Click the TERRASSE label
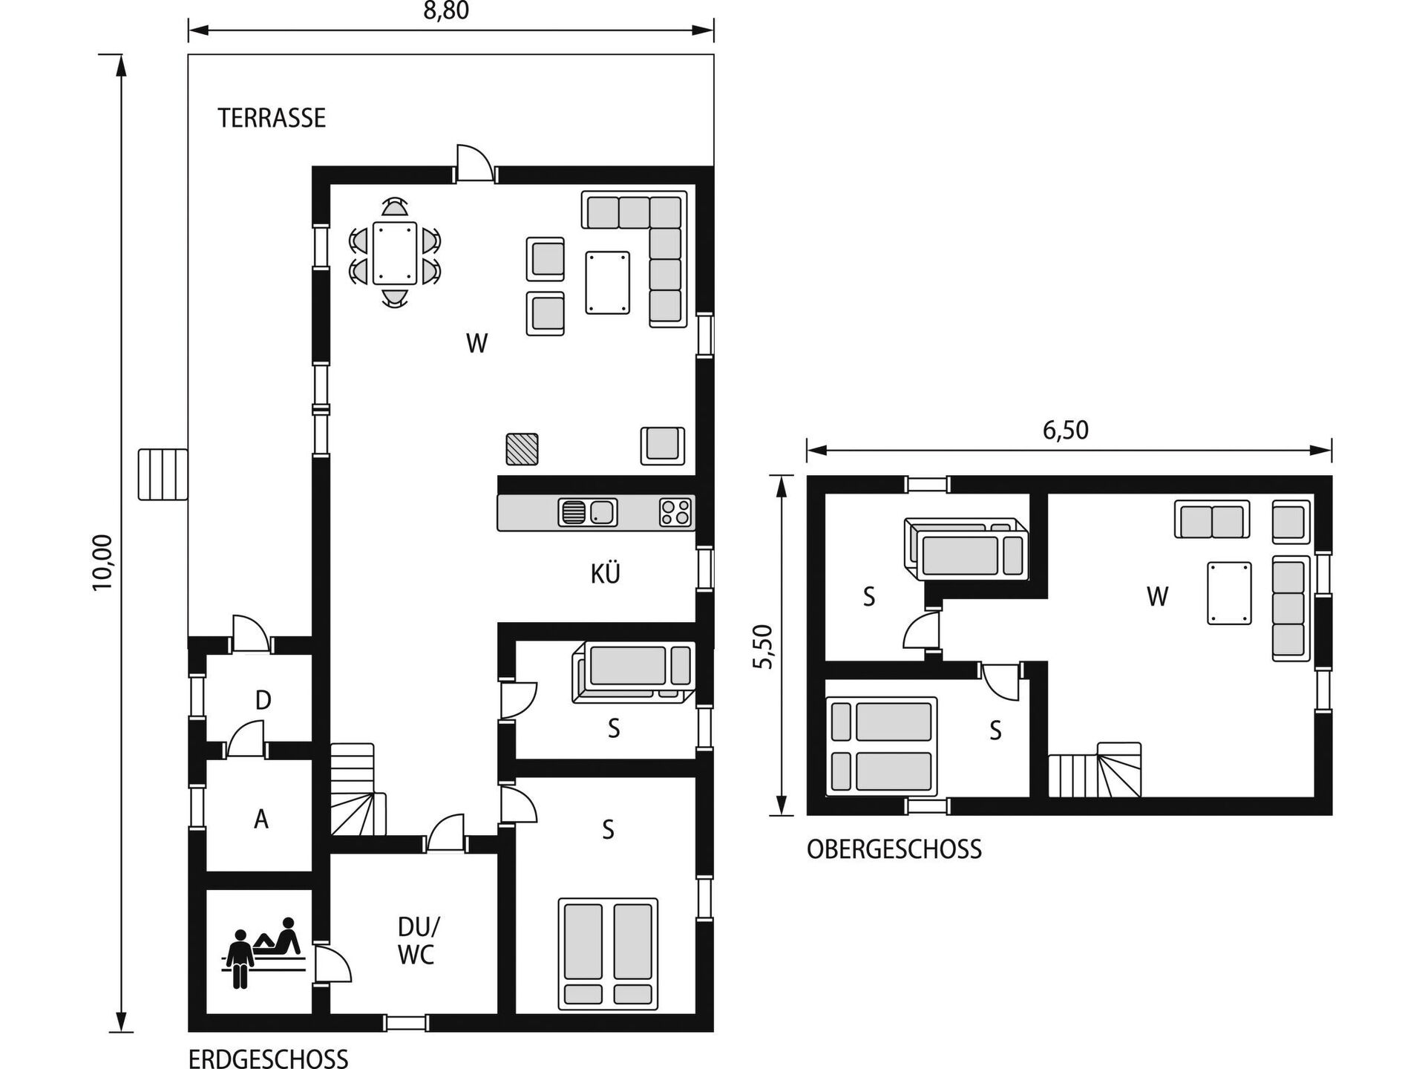(x=272, y=118)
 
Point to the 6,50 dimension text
(x=1066, y=430)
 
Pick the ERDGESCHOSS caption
(x=268, y=1058)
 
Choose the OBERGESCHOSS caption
(x=894, y=849)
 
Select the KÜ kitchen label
(x=606, y=573)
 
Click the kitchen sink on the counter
(x=588, y=512)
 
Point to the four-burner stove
(x=675, y=512)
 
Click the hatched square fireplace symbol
(x=522, y=449)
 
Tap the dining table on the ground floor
(x=395, y=252)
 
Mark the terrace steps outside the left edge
(x=163, y=474)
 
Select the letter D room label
(x=263, y=700)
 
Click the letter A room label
(x=261, y=820)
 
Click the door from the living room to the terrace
(x=475, y=163)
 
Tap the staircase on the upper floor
(x=1095, y=769)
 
